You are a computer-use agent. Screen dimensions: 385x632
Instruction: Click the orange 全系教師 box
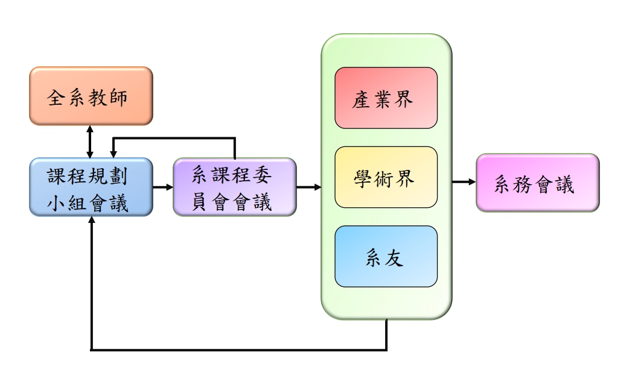[x=91, y=96]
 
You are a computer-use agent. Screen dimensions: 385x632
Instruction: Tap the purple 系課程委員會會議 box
[x=234, y=187]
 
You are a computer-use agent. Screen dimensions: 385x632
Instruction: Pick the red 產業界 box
[x=386, y=98]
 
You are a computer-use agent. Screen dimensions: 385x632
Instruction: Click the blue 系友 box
[x=386, y=257]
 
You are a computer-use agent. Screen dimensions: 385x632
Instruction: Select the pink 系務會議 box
[x=537, y=183]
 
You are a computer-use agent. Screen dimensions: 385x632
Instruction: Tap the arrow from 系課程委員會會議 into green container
[x=308, y=187]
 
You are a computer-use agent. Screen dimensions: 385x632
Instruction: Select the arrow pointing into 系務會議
[x=464, y=181]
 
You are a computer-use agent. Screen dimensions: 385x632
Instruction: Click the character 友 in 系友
[x=397, y=258]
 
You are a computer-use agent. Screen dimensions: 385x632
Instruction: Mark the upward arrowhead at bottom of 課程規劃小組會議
[x=91, y=222]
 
